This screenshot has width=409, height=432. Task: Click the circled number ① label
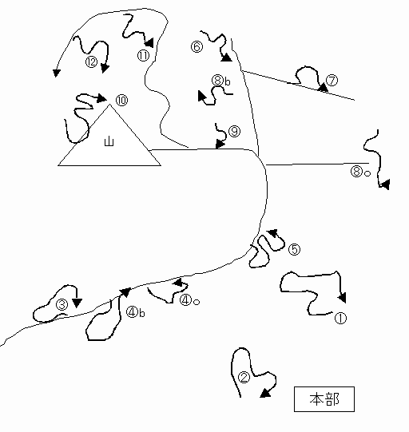click(340, 319)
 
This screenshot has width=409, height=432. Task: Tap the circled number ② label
click(244, 378)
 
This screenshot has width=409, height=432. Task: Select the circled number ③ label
click(62, 305)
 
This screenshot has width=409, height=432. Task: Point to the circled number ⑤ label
click(294, 250)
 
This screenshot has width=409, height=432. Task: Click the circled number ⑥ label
click(197, 46)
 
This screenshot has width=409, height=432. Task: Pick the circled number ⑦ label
click(332, 81)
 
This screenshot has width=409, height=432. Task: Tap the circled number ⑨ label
click(235, 131)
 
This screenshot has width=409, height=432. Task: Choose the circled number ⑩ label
click(121, 100)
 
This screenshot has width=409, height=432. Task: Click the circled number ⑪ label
click(143, 56)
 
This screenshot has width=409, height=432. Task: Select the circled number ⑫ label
click(92, 61)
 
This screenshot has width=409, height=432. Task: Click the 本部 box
click(324, 399)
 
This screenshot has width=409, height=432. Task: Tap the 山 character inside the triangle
click(109, 141)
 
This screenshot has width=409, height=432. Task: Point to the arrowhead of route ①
click(342, 298)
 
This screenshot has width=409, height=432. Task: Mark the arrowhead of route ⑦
click(324, 88)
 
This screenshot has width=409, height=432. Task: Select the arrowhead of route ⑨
click(220, 144)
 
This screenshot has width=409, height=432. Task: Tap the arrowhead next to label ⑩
click(101, 98)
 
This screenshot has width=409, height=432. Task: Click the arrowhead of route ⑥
click(227, 57)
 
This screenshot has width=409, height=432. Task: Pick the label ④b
click(135, 312)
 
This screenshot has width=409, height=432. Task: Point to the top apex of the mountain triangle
click(109, 105)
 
